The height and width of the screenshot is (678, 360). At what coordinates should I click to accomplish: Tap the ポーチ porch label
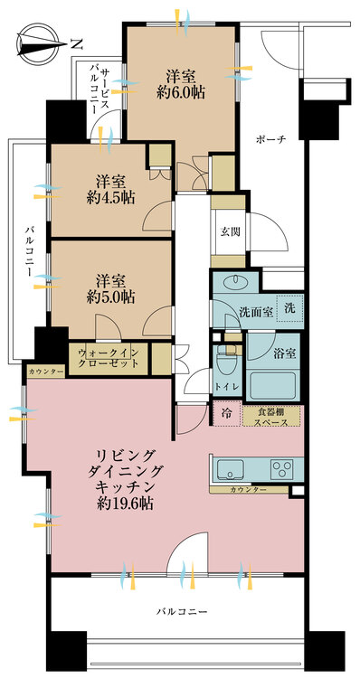click(x=270, y=139)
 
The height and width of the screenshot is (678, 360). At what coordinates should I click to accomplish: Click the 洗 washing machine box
click(x=289, y=307)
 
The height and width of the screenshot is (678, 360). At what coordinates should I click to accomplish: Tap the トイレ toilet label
click(x=226, y=387)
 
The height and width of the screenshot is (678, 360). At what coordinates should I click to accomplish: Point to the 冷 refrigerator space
click(x=225, y=415)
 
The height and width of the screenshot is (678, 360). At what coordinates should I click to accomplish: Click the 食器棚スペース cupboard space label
click(x=272, y=416)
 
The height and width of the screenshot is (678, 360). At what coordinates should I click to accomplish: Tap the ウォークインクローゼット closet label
click(x=109, y=358)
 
